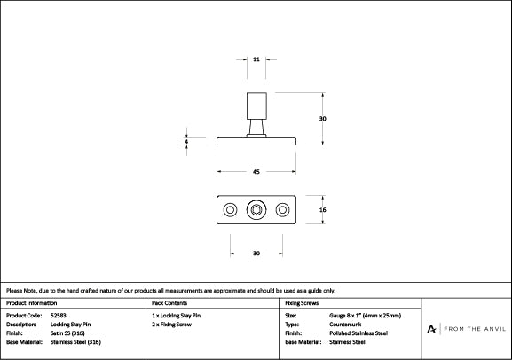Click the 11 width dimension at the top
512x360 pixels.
pyautogui.click(x=256, y=59)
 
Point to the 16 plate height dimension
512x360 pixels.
pyautogui.click(x=323, y=210)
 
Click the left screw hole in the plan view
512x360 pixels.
pyautogui.click(x=230, y=210)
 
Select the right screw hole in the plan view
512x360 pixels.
pyautogui.click(x=283, y=210)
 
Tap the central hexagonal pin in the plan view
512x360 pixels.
pyautogui.click(x=256, y=210)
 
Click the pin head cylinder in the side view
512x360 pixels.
pyautogui.click(x=256, y=104)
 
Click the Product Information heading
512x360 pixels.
pyautogui.click(x=30, y=302)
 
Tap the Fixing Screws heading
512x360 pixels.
pyautogui.click(x=302, y=302)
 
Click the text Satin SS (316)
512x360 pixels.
pyautogui.click(x=69, y=333)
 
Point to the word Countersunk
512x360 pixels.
pyautogui.click(x=345, y=324)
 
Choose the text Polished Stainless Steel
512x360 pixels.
pyautogui.click(x=358, y=333)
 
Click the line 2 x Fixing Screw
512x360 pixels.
pyautogui.click(x=172, y=324)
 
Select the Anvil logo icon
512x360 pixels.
pyautogui.click(x=431, y=328)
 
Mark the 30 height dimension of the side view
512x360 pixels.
pyautogui.click(x=323, y=118)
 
